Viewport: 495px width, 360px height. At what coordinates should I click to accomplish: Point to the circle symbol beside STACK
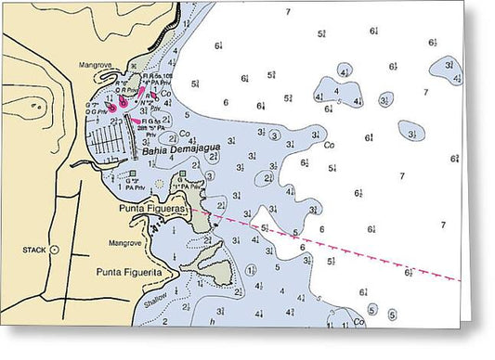[x=55, y=250]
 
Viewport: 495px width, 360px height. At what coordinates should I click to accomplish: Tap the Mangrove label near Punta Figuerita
[x=124, y=243]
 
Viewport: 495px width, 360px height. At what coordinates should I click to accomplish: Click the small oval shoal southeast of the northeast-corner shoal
[x=411, y=131]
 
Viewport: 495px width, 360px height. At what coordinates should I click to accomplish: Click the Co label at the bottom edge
[x=358, y=322]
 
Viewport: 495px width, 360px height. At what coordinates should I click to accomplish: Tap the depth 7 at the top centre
[x=288, y=11]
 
